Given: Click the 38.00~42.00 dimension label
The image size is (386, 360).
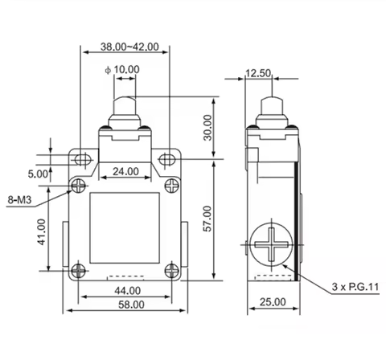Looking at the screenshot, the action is point(129,47).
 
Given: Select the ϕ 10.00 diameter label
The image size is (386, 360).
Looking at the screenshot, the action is point(122,70).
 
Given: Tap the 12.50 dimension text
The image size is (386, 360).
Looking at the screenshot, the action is point(258,73).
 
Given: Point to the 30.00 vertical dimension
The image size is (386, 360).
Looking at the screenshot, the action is point(207,128).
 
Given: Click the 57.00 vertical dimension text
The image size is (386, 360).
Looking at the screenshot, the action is point(207,219).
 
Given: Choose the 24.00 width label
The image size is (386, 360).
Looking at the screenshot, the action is point(125,171).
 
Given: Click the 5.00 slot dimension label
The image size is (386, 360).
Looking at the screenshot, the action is point(38,174).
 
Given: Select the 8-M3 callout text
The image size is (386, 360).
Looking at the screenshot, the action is point(19,200).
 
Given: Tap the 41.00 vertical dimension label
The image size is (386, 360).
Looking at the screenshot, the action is point(42,232).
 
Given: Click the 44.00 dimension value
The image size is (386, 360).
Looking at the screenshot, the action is point(128,291).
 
